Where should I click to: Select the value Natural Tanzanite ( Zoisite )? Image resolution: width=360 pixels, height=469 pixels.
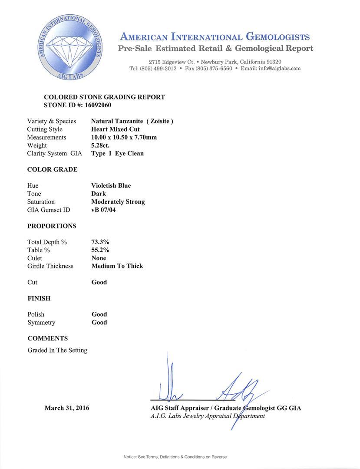[132, 121]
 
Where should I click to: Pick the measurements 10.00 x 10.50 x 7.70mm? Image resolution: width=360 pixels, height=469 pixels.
[124, 137]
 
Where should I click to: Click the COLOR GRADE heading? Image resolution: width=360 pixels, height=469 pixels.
[52, 169]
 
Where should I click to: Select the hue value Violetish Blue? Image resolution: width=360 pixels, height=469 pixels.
[111, 185]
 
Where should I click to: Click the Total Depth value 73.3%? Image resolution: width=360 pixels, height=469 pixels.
[100, 242]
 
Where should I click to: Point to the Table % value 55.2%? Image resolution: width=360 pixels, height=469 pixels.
[100, 250]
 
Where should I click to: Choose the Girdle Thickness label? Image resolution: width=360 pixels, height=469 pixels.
[50, 266]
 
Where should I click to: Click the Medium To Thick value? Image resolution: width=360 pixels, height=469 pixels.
[117, 266]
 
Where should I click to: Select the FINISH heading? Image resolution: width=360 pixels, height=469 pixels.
[39, 298]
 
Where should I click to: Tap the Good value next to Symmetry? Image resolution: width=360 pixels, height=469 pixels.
[99, 322]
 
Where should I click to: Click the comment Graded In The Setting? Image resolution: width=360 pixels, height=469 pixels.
[57, 350]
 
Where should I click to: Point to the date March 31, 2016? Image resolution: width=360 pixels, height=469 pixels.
[67, 408]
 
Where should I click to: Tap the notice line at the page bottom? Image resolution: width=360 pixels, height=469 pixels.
[175, 457]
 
